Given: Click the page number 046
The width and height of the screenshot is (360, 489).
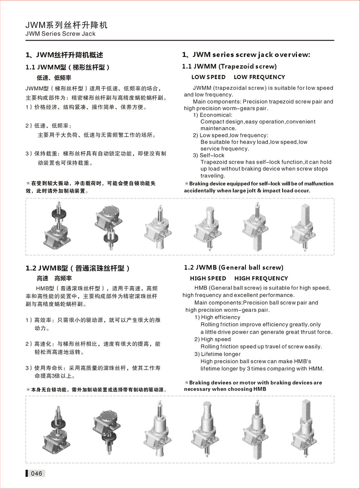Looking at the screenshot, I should (36, 473).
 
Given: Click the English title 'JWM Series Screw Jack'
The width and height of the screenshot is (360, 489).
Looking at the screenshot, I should (60, 34).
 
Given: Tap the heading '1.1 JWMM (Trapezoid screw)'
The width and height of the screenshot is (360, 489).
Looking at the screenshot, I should (229, 66).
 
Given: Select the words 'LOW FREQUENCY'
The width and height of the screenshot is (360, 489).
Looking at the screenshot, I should (259, 77).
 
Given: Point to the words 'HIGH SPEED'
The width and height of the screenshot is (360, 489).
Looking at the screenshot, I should (208, 278).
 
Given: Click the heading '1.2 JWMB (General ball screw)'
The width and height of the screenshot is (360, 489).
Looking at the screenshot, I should (234, 267).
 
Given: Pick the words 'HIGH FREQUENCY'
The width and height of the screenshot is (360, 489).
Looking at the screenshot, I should (261, 278).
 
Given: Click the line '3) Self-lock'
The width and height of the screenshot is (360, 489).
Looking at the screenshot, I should (208, 155).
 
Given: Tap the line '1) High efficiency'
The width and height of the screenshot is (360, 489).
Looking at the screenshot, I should (217, 317).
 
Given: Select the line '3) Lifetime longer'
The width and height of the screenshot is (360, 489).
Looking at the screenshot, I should (217, 354).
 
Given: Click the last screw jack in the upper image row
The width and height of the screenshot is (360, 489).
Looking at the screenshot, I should (303, 226).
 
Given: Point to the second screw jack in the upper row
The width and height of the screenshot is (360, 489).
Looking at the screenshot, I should (108, 226).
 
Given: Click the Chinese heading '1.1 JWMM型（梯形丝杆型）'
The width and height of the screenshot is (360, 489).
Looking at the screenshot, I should (67, 67).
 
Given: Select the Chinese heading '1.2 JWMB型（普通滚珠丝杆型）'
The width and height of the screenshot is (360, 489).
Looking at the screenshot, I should (78, 268).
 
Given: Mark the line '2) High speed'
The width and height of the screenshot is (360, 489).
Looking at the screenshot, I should (212, 339).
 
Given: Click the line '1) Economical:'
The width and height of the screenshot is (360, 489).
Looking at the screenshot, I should (213, 115).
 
